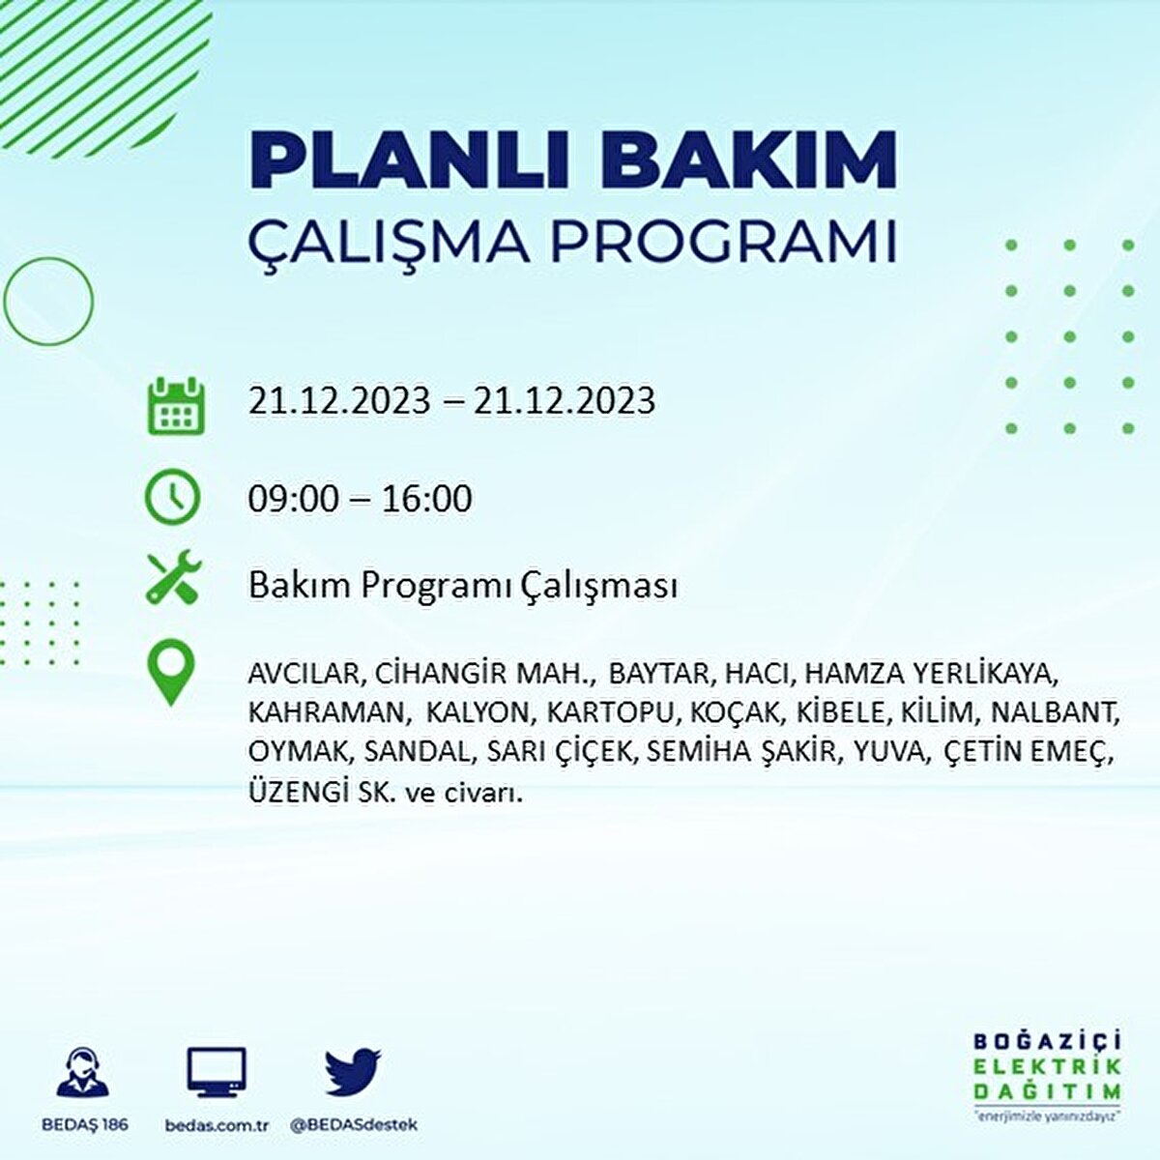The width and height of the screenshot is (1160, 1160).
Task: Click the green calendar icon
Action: pyautogui.click(x=176, y=405)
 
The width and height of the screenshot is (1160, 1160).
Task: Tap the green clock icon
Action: pyautogui.click(x=172, y=498)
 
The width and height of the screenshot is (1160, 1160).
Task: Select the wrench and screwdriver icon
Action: pyautogui.click(x=174, y=577)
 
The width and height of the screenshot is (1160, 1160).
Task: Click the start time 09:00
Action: pyautogui.click(x=293, y=499)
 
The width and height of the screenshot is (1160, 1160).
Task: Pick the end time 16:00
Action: pyautogui.click(x=426, y=499)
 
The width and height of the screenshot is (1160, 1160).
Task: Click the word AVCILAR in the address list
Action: pyautogui.click(x=304, y=674)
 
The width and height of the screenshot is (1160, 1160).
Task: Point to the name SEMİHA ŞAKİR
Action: pyautogui.click(x=741, y=751)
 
